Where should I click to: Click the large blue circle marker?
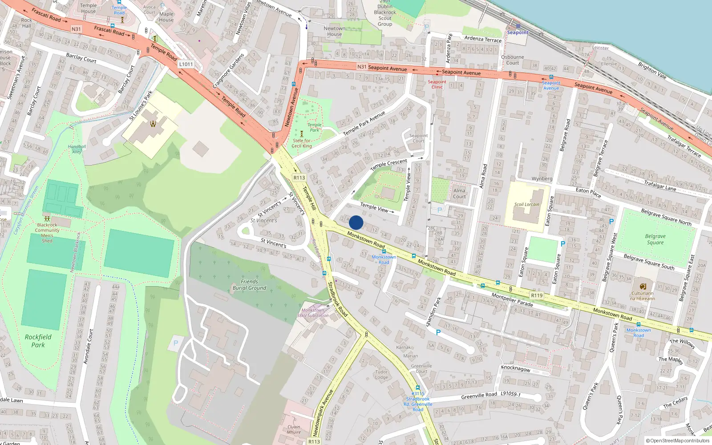point(356,222)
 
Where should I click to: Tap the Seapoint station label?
point(518,32)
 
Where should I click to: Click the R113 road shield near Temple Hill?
point(299,178)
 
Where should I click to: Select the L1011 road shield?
point(186,64)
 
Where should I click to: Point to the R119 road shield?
point(537,295)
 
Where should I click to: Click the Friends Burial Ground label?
point(249,285)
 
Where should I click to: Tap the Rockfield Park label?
point(38,341)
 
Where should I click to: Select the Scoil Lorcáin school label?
point(526,205)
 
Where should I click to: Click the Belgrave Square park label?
point(655,239)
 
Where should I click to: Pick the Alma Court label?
point(459,194)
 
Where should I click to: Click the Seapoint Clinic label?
point(437,85)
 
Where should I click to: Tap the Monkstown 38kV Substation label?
point(313,313)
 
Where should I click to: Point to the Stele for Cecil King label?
point(302,143)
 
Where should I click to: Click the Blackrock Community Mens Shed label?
point(47,233)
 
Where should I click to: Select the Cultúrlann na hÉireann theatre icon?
point(643,286)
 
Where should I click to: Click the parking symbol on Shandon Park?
point(438,332)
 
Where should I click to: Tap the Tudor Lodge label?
point(381,374)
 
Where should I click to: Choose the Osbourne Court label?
point(512,60)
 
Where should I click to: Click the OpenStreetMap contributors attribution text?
point(677,441)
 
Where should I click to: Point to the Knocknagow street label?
point(515,368)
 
